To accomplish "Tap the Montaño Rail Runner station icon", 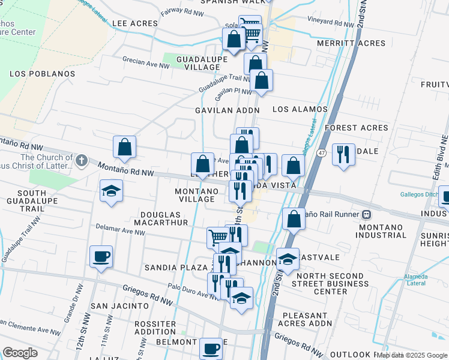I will (366, 214).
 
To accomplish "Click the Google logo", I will (20, 353).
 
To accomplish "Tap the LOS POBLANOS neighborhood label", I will (43, 74).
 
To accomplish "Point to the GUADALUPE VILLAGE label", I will (202, 63).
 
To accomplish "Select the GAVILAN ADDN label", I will (227, 110).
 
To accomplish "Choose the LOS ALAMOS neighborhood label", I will (300, 109).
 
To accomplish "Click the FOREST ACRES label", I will (357, 128).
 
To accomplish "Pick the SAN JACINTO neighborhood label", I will (119, 305).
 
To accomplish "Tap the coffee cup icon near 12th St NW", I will (100, 257).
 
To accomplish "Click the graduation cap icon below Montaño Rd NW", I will (111, 191).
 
